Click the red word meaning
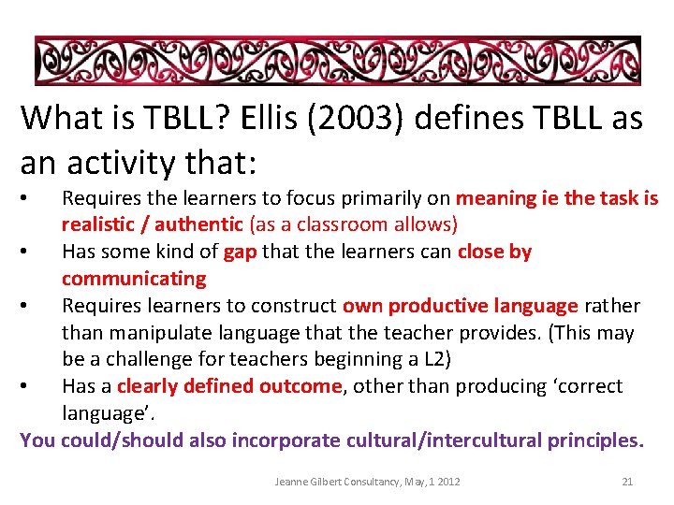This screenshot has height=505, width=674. click(494, 198)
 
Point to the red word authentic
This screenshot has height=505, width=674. click(198, 224)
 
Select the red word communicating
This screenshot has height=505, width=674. click(134, 279)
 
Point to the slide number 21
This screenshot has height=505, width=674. click(627, 482)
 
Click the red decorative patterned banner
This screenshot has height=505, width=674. click(337, 61)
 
